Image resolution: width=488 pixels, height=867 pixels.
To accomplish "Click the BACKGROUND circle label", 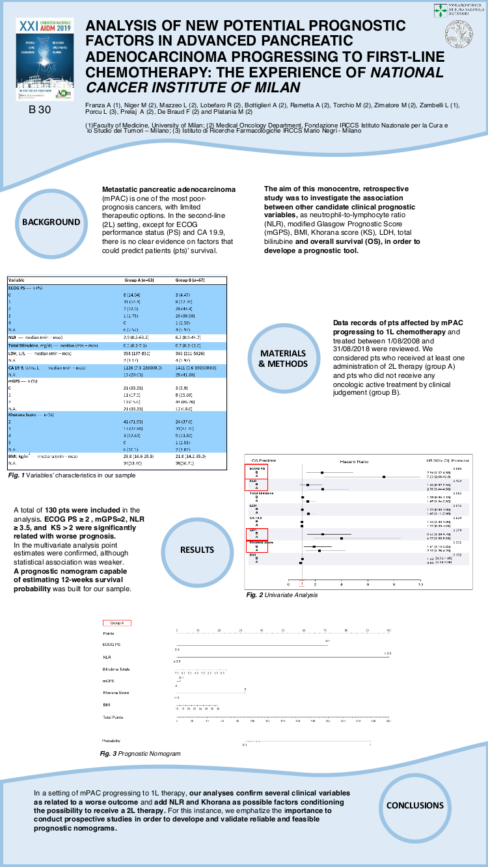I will pyautogui.click(x=51, y=222).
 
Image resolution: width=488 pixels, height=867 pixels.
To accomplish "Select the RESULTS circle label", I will pyautogui.click(x=198, y=550).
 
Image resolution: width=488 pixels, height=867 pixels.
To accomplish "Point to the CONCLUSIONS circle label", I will pyautogui.click(x=415, y=805).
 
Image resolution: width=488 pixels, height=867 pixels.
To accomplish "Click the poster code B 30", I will pyautogui.click(x=40, y=110).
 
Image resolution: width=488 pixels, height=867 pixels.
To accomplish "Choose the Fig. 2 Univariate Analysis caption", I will pyautogui.click(x=282, y=594).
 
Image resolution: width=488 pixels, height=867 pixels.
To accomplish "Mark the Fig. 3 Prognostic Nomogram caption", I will pyautogui.click(x=140, y=753).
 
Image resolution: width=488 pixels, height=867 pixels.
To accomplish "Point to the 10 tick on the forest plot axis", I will pyautogui.click(x=420, y=585).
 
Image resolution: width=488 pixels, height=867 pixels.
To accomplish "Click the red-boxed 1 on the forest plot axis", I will pyautogui.click(x=301, y=585).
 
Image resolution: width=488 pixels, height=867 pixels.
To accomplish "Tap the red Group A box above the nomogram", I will pyautogui.click(x=117, y=622).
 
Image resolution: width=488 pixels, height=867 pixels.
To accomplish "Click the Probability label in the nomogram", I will pyautogui.click(x=111, y=740).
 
